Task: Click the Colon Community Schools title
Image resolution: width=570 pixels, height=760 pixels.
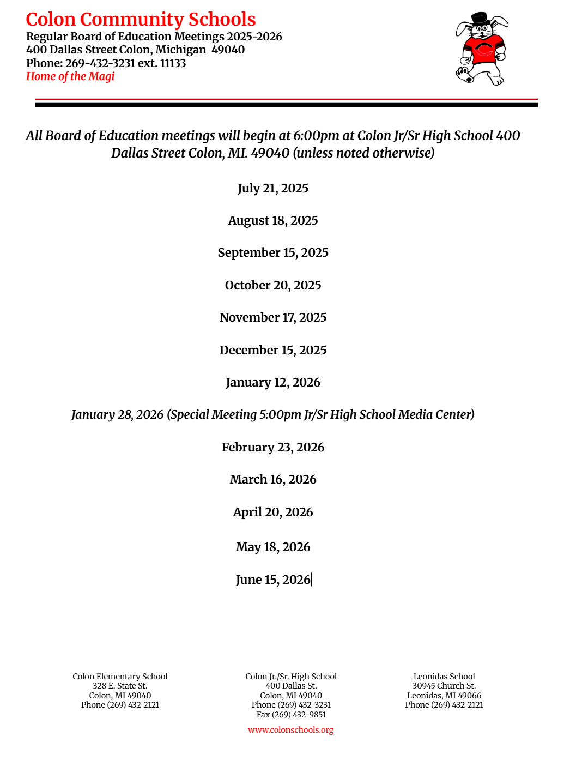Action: pos(141,20)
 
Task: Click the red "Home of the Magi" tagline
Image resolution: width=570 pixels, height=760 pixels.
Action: pos(70,76)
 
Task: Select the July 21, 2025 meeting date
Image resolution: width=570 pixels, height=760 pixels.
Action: pos(273,189)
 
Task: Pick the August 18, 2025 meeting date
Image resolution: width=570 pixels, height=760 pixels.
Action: pos(273,221)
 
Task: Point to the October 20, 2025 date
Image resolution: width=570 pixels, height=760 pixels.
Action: pos(273,286)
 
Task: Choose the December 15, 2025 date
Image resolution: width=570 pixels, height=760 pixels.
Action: pos(273,350)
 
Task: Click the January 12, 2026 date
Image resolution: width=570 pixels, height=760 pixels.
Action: pos(273,383)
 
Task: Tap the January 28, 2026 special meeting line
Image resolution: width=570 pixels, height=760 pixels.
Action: pos(273,415)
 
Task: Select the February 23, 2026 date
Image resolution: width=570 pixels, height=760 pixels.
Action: pos(273,448)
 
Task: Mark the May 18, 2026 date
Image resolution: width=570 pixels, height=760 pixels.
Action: pos(273,547)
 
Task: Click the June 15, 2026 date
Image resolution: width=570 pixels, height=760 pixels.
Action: pos(273,580)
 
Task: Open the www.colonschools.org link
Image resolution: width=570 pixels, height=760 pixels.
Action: pos(290,730)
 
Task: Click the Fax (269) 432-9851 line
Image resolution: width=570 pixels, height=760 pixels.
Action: pos(291,715)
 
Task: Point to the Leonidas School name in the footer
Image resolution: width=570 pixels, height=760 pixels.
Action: pos(444,677)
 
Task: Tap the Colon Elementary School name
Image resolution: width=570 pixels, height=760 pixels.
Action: pos(120,677)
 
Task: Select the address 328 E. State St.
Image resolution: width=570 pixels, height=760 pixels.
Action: pos(120,686)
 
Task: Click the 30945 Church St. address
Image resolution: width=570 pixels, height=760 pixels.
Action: pos(444,686)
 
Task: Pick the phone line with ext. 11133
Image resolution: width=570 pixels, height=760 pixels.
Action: pos(106,63)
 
